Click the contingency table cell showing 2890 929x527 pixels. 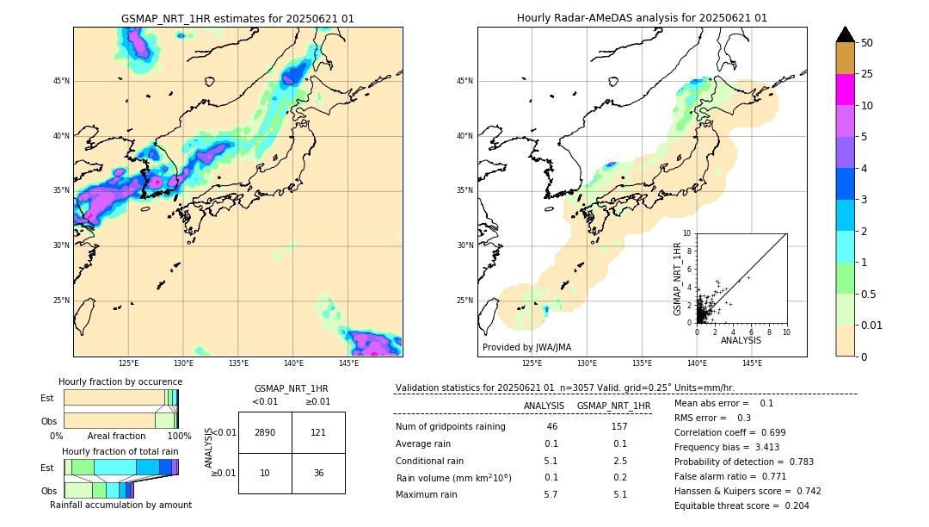265,432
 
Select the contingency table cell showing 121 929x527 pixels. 318,432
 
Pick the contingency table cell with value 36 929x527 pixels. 318,473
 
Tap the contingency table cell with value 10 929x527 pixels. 265,473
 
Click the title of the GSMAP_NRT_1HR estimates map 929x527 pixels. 237,18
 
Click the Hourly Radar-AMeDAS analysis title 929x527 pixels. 642,18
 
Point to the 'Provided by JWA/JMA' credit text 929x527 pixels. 526,347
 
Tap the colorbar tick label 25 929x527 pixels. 867,74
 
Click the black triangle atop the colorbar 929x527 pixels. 846,34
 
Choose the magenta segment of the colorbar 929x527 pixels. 846,90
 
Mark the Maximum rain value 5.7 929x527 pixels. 551,494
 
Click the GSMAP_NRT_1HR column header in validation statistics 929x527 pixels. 613,406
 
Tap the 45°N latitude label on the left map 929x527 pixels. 59,81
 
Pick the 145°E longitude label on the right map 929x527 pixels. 752,363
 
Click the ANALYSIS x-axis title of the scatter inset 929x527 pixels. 741,341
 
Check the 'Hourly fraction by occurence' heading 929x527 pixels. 120,381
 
